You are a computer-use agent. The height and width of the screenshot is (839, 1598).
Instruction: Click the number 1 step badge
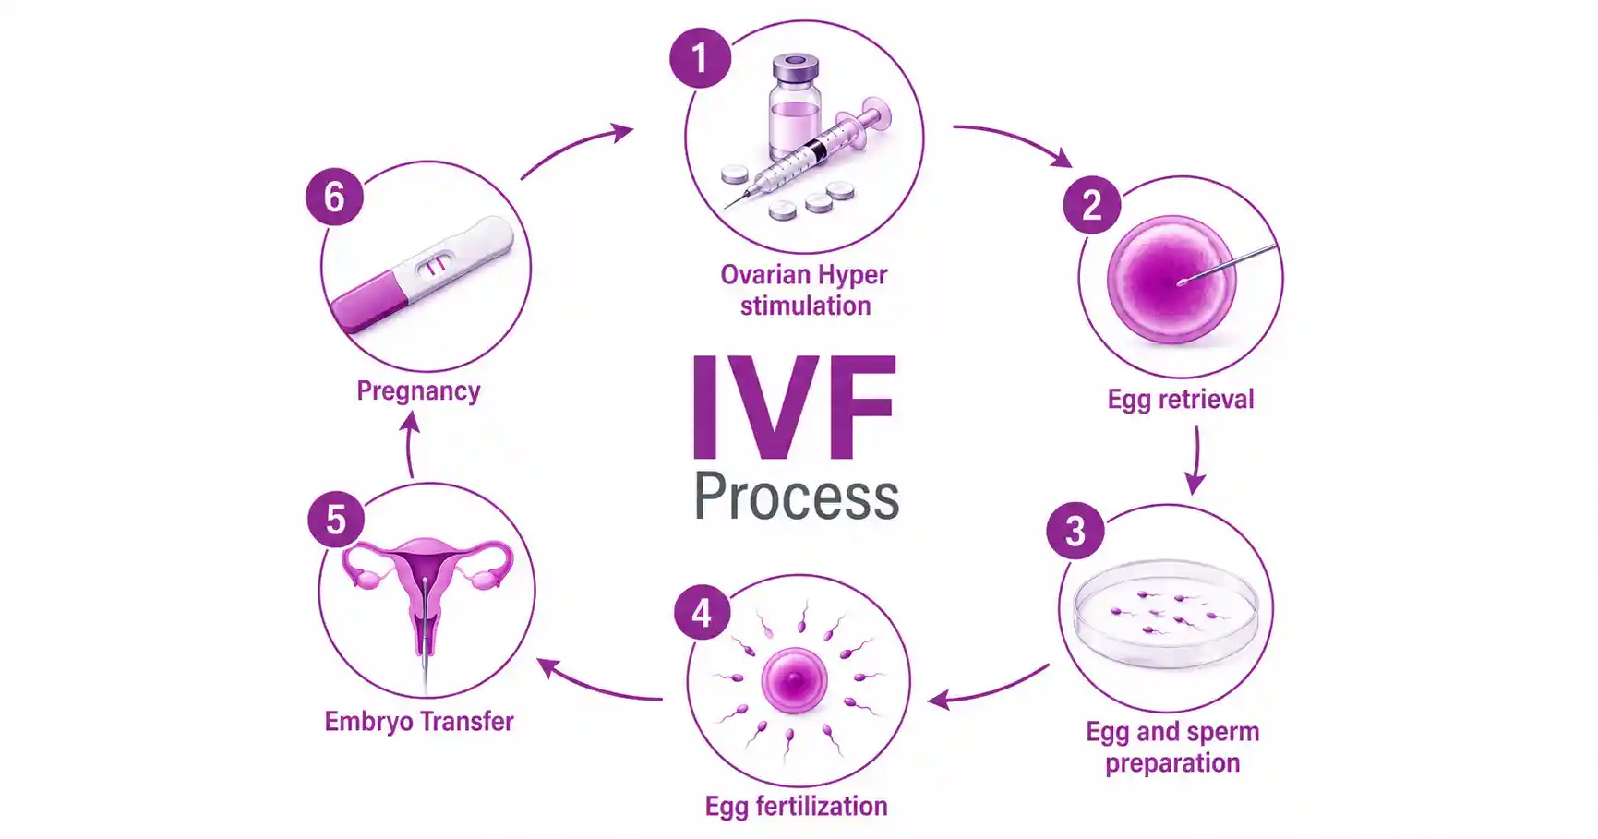(701, 58)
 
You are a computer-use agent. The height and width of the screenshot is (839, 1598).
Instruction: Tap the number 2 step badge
(1092, 205)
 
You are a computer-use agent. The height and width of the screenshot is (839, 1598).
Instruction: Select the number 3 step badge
(1075, 531)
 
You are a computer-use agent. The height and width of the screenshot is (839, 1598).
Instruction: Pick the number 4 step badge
(703, 613)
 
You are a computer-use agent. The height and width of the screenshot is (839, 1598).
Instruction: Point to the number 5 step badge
(336, 519)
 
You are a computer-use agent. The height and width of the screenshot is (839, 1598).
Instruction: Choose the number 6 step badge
(334, 197)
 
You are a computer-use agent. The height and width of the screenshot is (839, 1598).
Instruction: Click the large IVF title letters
(793, 407)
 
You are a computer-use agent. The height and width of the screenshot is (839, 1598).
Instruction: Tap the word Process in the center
(796, 497)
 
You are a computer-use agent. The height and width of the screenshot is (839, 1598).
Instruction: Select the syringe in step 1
(809, 153)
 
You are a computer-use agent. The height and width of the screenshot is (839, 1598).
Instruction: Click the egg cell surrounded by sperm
(795, 680)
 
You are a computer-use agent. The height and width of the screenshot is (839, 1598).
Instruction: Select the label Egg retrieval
(1181, 399)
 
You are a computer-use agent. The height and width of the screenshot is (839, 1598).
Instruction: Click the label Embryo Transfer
(419, 721)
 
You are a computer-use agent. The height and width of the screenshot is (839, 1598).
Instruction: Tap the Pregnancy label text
(418, 391)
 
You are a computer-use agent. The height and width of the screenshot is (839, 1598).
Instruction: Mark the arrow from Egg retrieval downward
(1196, 460)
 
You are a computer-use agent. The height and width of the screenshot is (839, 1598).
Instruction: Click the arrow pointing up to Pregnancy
(409, 444)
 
